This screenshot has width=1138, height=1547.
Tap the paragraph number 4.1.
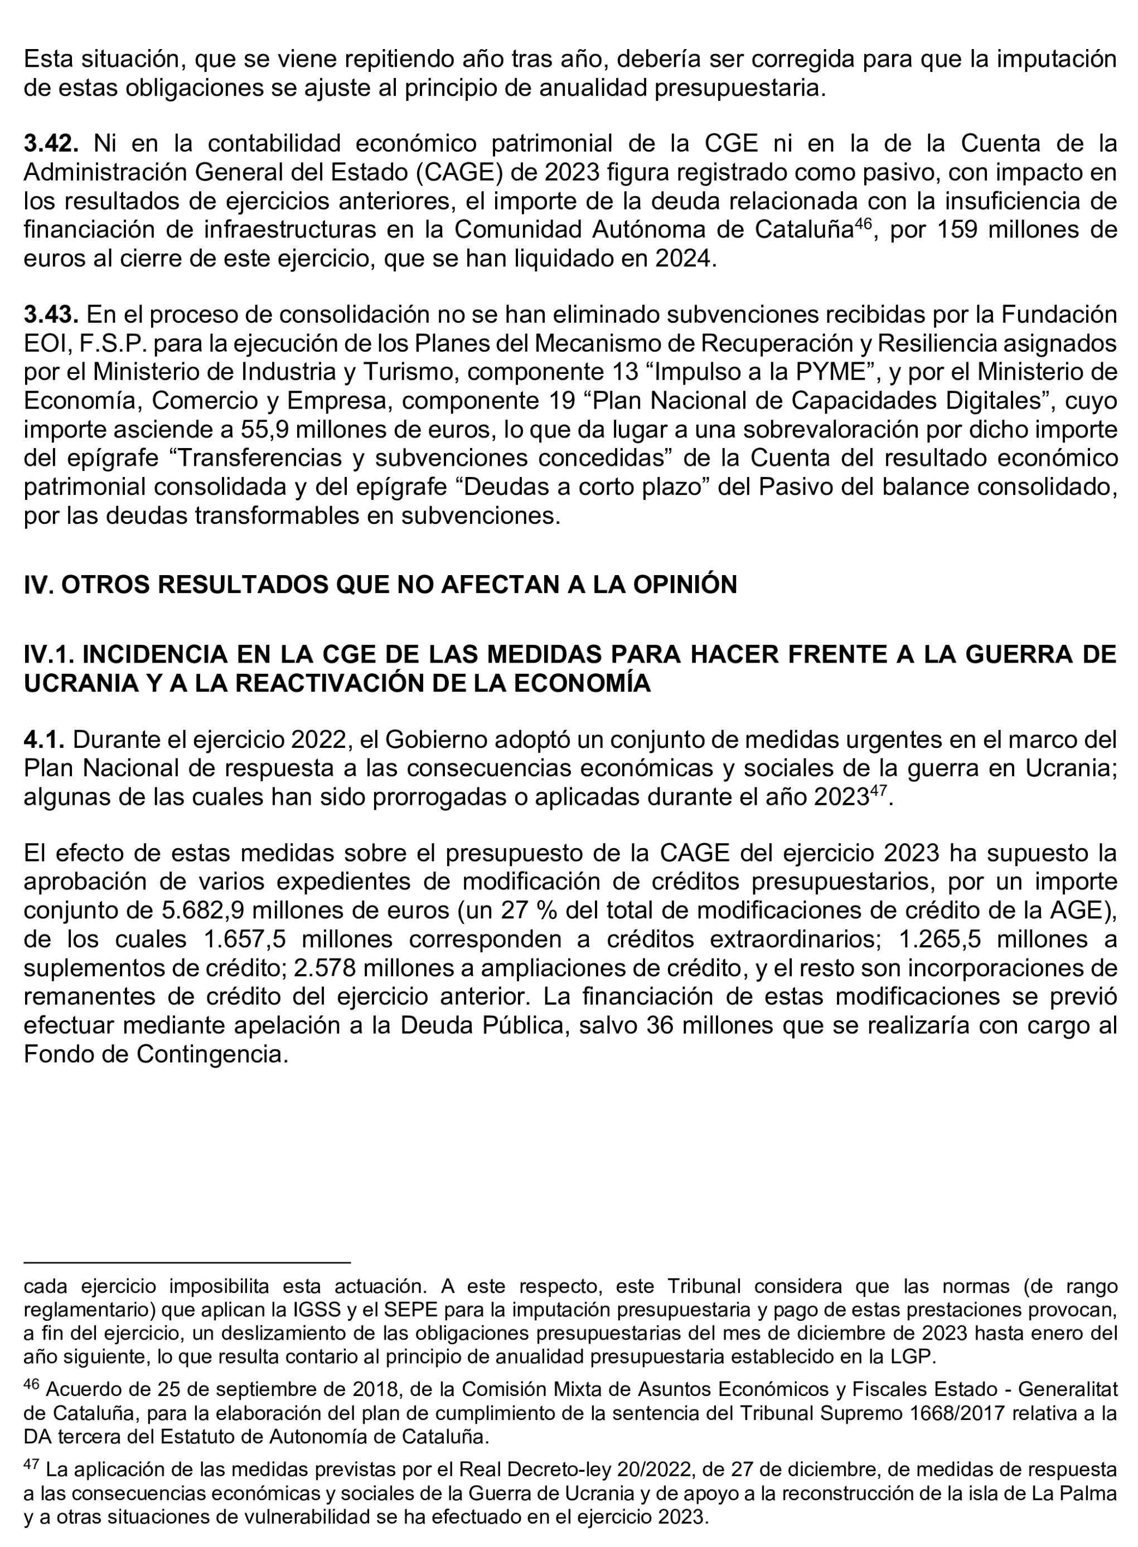coord(43,740)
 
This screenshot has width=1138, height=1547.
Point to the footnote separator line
coord(187,1263)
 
